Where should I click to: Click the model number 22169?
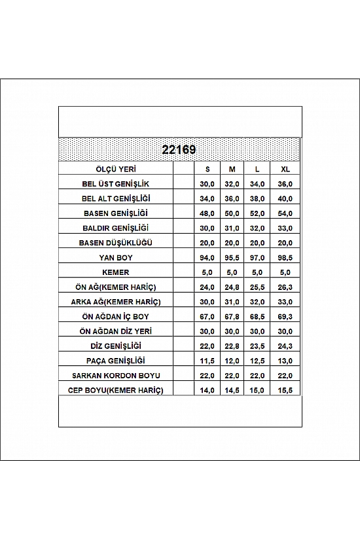pyautogui.click(x=178, y=149)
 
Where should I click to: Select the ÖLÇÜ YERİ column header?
pyautogui.click(x=116, y=168)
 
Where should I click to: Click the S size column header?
pyautogui.click(x=207, y=168)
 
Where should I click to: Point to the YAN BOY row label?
pyautogui.click(x=116, y=257)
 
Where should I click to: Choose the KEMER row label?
pyautogui.click(x=116, y=272)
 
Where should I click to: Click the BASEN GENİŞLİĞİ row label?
pyautogui.click(x=116, y=213)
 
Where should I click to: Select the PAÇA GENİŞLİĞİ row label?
pyautogui.click(x=116, y=361)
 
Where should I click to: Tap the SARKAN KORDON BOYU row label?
pyautogui.click(x=116, y=375)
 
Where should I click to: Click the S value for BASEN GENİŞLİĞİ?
pyautogui.click(x=207, y=213)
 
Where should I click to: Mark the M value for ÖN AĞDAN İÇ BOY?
pyautogui.click(x=232, y=316)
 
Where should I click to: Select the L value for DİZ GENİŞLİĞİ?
pyautogui.click(x=258, y=346)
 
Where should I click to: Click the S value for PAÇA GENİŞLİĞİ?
pyautogui.click(x=207, y=361)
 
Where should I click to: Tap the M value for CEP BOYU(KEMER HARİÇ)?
pyautogui.click(x=232, y=390)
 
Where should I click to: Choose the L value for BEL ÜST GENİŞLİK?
pyautogui.click(x=258, y=183)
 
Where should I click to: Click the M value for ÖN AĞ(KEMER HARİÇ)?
pyautogui.click(x=232, y=287)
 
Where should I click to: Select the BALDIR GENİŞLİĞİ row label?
pyautogui.click(x=116, y=228)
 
